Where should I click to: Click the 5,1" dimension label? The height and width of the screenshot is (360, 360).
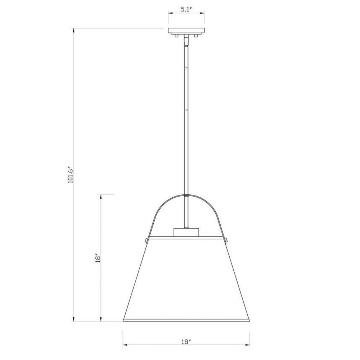[x=186, y=10]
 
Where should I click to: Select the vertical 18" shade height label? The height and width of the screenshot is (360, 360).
[x=98, y=258]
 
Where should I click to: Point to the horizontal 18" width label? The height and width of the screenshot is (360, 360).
[x=186, y=342]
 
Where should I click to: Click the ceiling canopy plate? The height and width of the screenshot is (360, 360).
[x=186, y=31]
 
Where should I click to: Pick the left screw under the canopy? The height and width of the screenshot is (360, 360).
[x=176, y=36]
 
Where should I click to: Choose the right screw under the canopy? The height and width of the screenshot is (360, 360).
[x=196, y=36]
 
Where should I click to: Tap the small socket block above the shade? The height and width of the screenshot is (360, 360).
[x=186, y=232]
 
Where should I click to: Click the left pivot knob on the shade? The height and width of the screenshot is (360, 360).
[x=146, y=240]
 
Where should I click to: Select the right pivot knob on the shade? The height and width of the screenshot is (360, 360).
[x=226, y=240]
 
